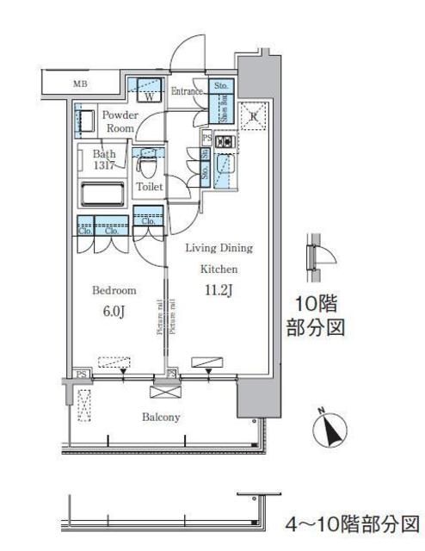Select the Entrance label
tap(187, 91)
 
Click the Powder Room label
tap(118, 121)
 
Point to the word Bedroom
tap(114, 291)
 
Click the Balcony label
tap(161, 418)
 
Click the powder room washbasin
tap(85, 120)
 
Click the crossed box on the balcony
tap(163, 391)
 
